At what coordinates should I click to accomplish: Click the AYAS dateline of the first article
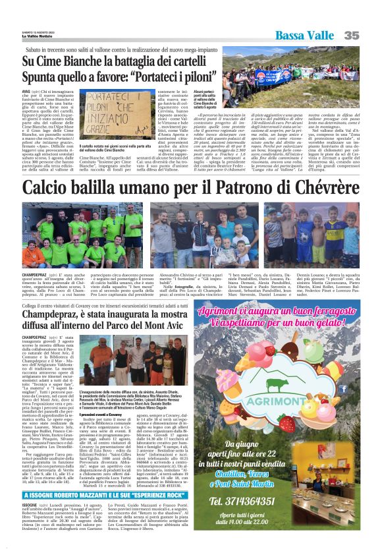click(x=27, y=92)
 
